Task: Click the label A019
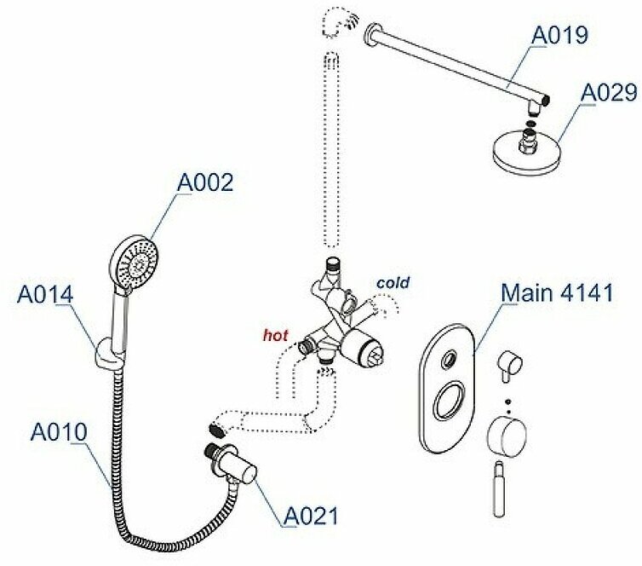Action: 559,36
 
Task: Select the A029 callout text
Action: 608,93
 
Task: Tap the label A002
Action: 204,182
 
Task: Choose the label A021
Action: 311,515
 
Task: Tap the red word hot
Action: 275,335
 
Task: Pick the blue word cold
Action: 393,282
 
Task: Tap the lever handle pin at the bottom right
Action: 500,492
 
